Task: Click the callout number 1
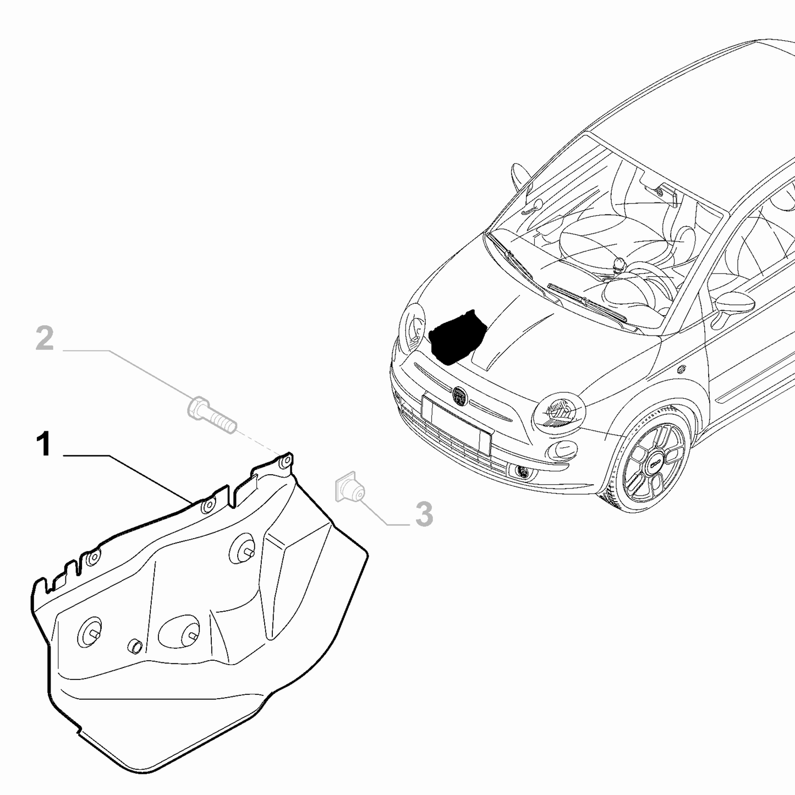click(x=45, y=445)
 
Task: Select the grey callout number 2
click(x=45, y=339)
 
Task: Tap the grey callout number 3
click(x=424, y=514)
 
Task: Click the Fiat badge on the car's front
click(x=459, y=395)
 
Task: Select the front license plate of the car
click(x=456, y=424)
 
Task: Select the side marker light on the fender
click(x=682, y=368)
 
